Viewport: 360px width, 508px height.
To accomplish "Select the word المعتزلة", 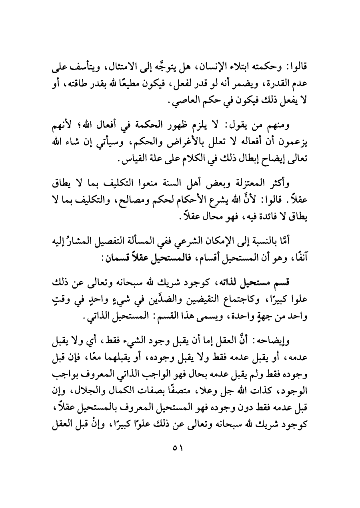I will [x=248, y=185].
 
